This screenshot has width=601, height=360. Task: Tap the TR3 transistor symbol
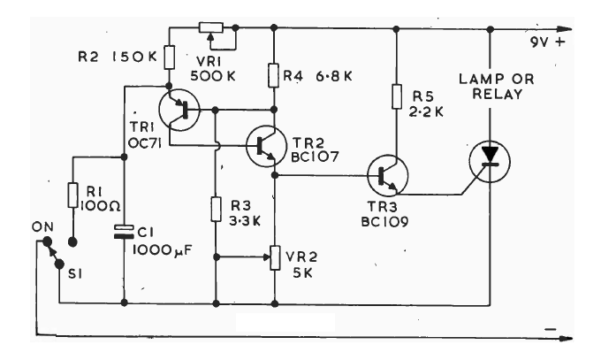(x=386, y=174)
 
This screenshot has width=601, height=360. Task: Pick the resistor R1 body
(x=73, y=193)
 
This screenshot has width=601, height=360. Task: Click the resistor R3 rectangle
(x=216, y=210)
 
